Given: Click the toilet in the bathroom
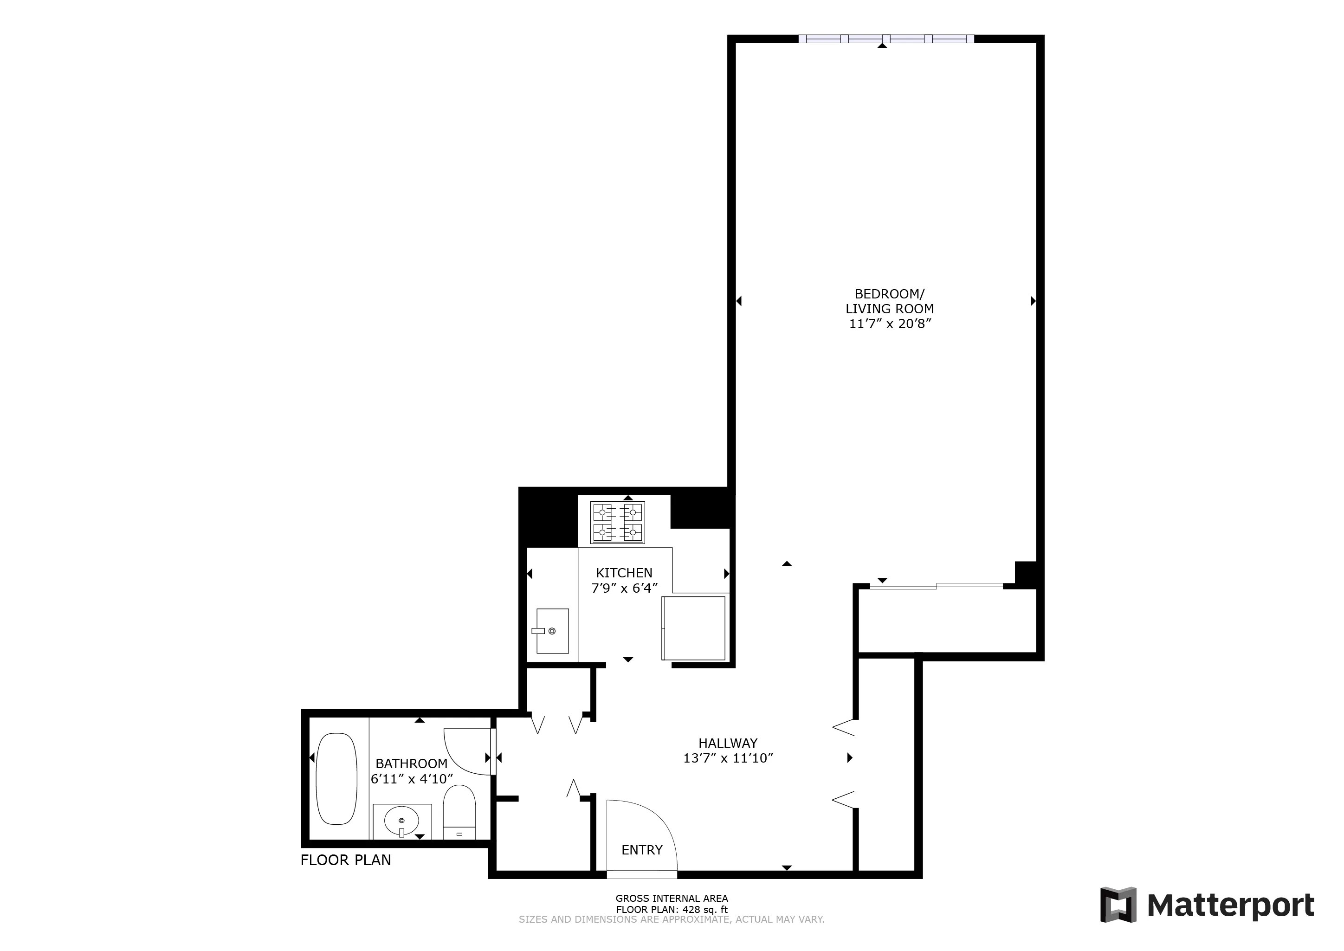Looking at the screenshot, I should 459,814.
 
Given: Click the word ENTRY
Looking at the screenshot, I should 641,850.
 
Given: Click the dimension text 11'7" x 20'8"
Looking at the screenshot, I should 889,324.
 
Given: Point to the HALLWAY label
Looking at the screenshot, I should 728,743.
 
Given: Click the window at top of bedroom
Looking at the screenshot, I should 885,39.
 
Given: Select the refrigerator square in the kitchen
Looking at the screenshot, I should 694,628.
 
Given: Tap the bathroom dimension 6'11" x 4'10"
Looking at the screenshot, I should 412,779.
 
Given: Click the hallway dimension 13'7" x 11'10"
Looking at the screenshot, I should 728,758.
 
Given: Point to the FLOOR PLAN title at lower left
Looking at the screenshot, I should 345,860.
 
